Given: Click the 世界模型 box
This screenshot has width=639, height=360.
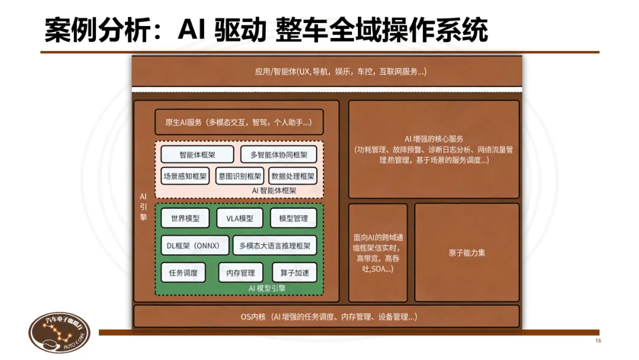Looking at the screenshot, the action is (185, 218).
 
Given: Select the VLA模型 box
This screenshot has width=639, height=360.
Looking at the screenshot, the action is (239, 218).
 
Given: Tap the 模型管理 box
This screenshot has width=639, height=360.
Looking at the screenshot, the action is (293, 218).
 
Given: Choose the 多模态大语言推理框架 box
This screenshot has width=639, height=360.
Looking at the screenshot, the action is (275, 245).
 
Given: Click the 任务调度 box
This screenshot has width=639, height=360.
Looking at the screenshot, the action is (183, 272).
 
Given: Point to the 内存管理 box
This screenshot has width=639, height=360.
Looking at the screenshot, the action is (240, 272).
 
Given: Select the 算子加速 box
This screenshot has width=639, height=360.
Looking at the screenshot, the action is (294, 272).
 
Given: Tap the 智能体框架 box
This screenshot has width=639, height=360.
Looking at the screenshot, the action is (197, 155).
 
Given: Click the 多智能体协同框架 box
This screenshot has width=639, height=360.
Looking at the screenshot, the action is (278, 155).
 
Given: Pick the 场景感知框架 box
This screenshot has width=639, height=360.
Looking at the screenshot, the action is (185, 176).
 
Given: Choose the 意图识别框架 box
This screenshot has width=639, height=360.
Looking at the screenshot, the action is (240, 176).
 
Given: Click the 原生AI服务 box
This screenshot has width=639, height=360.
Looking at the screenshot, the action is (238, 123).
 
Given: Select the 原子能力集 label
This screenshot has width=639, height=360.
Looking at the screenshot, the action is (467, 253).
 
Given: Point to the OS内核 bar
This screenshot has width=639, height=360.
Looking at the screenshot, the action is (327, 317).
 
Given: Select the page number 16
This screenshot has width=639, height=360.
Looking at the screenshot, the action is (598, 341).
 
